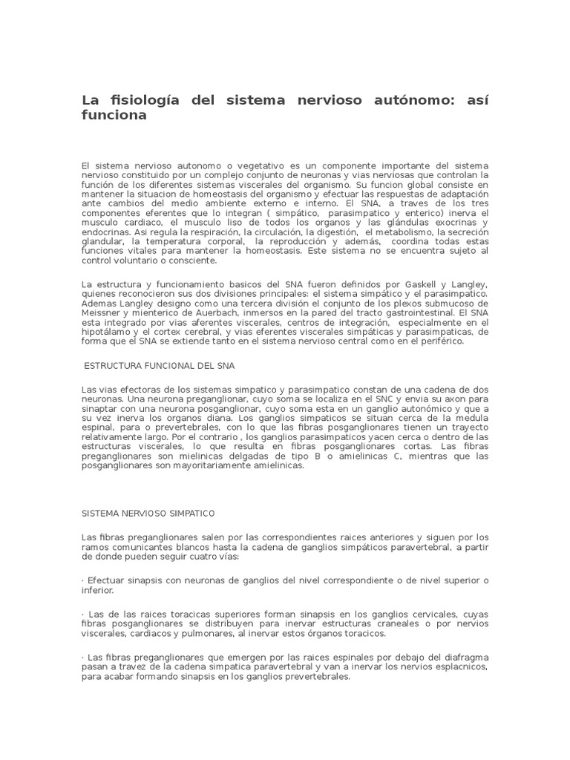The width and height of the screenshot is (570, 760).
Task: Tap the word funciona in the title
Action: tap(114, 115)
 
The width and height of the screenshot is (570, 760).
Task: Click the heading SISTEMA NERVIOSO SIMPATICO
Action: tap(148, 513)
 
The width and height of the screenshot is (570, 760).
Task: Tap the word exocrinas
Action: tap(446, 222)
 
